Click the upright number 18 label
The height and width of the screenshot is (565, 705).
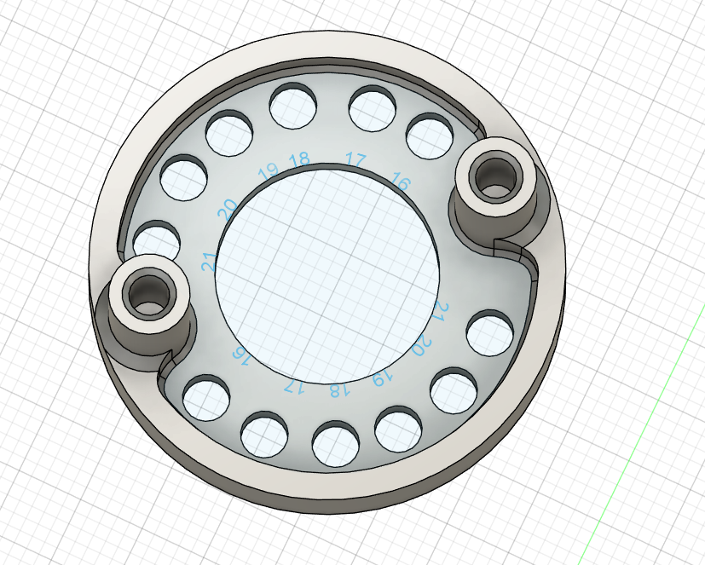(x=299, y=160)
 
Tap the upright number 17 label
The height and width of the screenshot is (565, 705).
(x=355, y=159)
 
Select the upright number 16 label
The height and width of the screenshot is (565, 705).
(x=399, y=181)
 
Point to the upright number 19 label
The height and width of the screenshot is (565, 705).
(x=268, y=170)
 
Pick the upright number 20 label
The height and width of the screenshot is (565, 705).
(x=228, y=207)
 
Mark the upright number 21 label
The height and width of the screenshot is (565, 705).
(x=210, y=262)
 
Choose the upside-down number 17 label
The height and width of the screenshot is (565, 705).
(x=293, y=386)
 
